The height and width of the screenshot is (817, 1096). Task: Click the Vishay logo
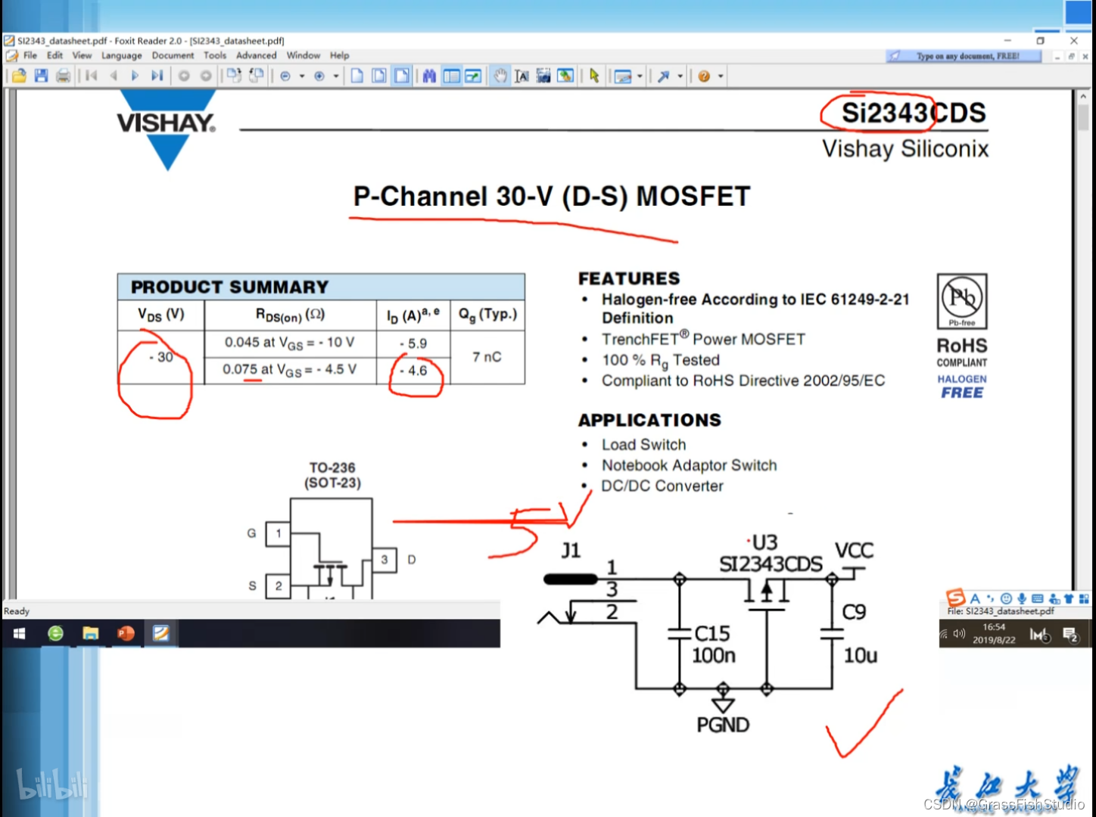click(x=167, y=125)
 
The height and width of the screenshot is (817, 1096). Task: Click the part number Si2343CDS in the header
click(x=913, y=113)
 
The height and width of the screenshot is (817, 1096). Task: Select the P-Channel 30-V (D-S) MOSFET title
click(x=551, y=197)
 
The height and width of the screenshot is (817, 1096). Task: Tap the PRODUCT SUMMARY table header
click(x=230, y=287)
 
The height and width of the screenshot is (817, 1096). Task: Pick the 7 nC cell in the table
click(x=487, y=357)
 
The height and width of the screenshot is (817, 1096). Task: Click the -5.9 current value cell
click(x=413, y=343)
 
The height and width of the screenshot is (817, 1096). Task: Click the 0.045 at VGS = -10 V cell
click(x=289, y=343)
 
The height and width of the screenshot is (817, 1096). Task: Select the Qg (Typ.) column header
click(x=487, y=315)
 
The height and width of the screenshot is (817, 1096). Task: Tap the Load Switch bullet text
click(x=643, y=445)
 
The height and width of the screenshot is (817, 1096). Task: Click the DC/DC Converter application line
click(x=662, y=486)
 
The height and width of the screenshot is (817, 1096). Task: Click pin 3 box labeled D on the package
click(x=385, y=560)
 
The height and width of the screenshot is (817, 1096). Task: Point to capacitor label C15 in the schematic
click(x=712, y=633)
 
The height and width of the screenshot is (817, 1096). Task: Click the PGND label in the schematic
click(x=723, y=725)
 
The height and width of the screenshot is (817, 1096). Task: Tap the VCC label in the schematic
click(x=854, y=551)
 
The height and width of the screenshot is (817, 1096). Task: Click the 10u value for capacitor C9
click(x=861, y=655)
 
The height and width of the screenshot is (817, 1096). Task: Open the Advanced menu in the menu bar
click(x=256, y=55)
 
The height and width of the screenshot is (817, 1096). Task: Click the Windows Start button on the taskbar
click(x=20, y=633)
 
